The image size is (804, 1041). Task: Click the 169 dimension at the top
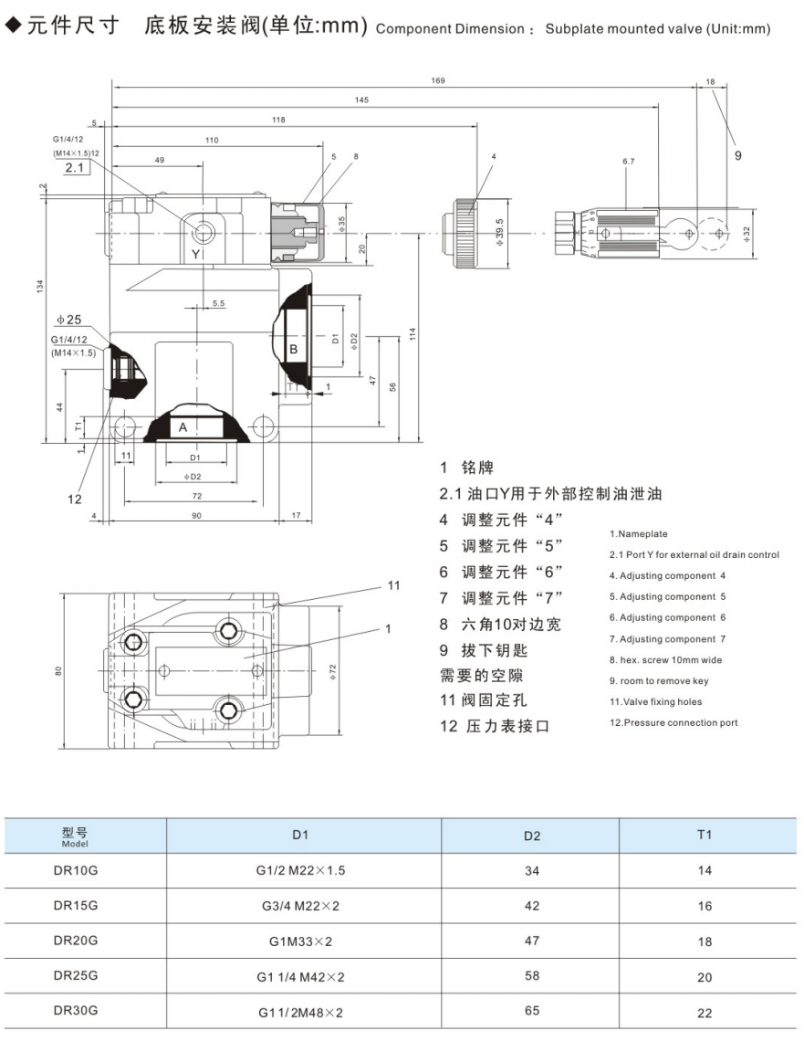pyautogui.click(x=438, y=81)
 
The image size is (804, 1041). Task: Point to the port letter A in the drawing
pyautogui.click(x=183, y=426)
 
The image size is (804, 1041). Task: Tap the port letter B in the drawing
pyautogui.click(x=294, y=349)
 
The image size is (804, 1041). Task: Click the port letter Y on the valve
pyautogui.click(x=194, y=251)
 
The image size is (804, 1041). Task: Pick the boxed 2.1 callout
pyautogui.click(x=75, y=169)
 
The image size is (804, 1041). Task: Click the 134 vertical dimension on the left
pyautogui.click(x=37, y=287)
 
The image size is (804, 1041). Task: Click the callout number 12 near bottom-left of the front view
pyautogui.click(x=74, y=499)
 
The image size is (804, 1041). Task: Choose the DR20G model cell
pyautogui.click(x=75, y=941)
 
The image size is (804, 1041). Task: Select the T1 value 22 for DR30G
pyautogui.click(x=705, y=1012)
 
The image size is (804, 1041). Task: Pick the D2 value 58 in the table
pyautogui.click(x=532, y=976)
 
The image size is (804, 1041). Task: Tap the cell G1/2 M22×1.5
pyautogui.click(x=301, y=870)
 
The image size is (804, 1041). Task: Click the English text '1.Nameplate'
pyautogui.click(x=639, y=534)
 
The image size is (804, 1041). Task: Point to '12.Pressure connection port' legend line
pyautogui.click(x=673, y=723)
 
